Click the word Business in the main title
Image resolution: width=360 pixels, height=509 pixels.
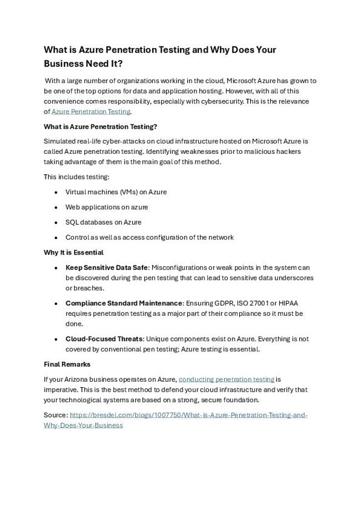point(66,64)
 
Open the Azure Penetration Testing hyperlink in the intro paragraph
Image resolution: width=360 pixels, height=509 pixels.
point(95,111)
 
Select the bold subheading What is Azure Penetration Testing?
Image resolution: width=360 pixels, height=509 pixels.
point(100,126)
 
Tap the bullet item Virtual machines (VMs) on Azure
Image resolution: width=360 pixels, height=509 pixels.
point(116,192)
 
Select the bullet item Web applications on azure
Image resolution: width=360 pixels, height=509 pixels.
point(106,207)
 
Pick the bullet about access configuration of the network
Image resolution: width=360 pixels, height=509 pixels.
point(149,237)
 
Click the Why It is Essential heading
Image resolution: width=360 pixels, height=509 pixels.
point(74,252)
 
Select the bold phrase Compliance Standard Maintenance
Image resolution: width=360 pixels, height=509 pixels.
point(124,303)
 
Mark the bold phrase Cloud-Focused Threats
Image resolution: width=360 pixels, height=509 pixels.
point(104,339)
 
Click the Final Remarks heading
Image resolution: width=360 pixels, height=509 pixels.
point(67,365)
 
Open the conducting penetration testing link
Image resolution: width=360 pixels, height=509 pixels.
point(226,380)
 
